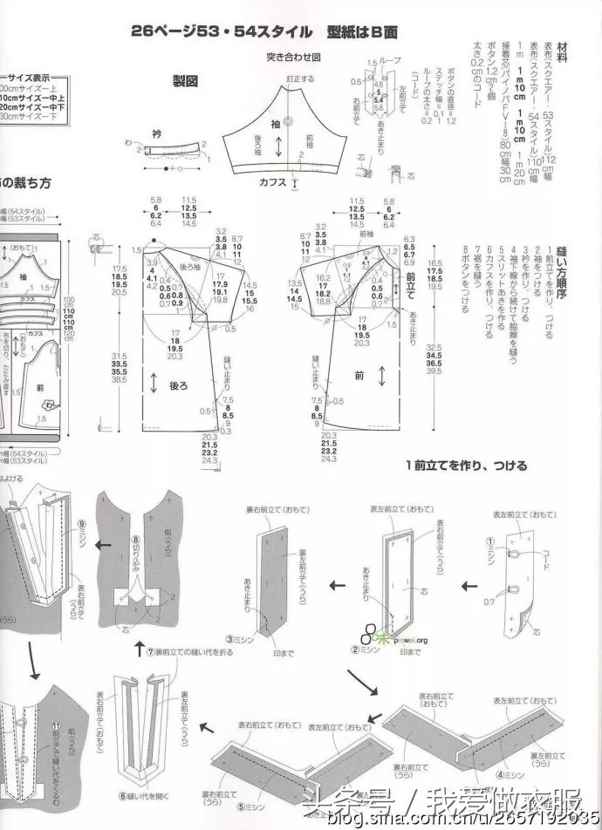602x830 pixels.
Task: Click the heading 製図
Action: [x=187, y=81]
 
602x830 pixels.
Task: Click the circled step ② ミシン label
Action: [x=361, y=648]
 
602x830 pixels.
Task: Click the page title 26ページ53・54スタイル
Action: [x=221, y=31]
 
